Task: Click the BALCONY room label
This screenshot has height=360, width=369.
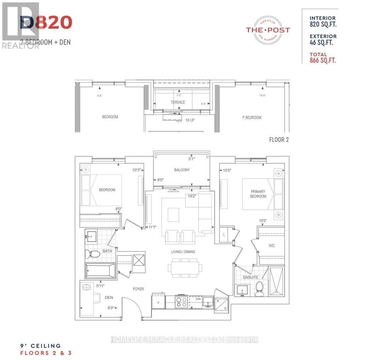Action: [182, 170]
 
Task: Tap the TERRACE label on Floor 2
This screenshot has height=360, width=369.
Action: [177, 102]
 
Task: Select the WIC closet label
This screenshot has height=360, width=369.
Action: [272, 246]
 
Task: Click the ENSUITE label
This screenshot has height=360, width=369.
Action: [251, 277]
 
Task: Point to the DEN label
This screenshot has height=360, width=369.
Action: [109, 298]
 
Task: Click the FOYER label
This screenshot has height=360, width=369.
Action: [138, 289]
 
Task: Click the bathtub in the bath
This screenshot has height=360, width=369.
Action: [100, 270]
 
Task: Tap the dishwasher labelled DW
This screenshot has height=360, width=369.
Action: [198, 299]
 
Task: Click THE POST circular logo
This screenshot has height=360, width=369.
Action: [267, 30]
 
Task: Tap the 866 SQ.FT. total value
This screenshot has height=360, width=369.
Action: [323, 60]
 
